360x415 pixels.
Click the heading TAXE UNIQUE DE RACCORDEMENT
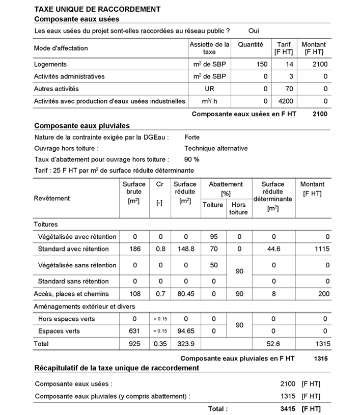point(97,9)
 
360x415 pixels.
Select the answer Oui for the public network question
point(254,31)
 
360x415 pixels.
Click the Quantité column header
point(250,45)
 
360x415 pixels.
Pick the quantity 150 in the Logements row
point(261,65)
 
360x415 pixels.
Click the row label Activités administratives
point(69,77)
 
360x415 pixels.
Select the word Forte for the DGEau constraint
point(192,137)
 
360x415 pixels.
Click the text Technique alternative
point(216,149)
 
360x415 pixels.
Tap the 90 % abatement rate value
point(192,160)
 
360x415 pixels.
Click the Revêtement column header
point(52,198)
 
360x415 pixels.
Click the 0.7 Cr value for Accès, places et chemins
point(159,294)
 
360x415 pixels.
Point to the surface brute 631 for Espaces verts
point(134,331)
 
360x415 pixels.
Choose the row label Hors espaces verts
point(66,319)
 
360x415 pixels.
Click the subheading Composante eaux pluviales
point(81,126)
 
